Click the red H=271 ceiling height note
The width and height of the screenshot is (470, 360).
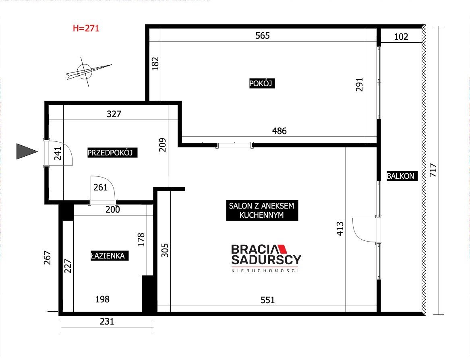(x=86, y=28)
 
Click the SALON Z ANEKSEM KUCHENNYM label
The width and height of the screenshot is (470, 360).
(x=262, y=211)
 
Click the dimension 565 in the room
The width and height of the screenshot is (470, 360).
(x=263, y=36)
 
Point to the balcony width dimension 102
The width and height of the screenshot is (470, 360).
(x=401, y=37)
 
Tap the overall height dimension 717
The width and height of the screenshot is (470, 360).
(x=433, y=170)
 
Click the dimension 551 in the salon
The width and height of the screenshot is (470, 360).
(x=267, y=300)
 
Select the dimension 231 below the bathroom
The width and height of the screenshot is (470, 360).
(x=107, y=322)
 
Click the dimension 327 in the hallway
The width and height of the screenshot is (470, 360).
(x=114, y=114)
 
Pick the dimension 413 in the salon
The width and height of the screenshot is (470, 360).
(x=340, y=229)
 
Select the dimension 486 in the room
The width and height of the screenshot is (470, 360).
(x=280, y=131)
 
